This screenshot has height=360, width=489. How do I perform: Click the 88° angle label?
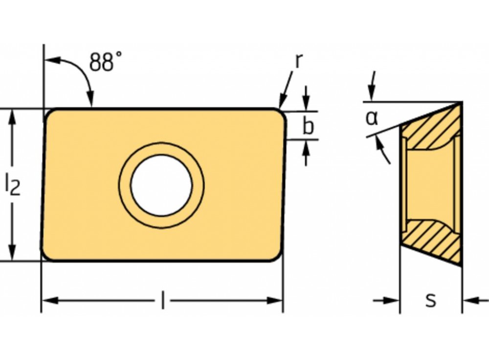(106, 62)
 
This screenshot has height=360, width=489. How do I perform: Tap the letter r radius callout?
(298, 60)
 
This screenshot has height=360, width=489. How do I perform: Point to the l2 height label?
(13, 185)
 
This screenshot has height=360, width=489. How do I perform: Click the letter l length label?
(162, 300)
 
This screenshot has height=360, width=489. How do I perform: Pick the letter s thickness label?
(431, 300)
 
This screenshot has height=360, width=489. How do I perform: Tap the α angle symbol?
(372, 118)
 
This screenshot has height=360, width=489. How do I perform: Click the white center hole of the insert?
(161, 185)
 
